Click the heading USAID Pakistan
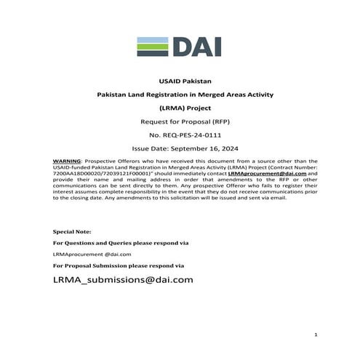pyautogui.click(x=180, y=81)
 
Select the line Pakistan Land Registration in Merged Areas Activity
pyautogui.click(x=180, y=95)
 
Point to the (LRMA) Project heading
pyautogui.click(x=180, y=108)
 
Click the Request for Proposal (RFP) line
pyautogui.click(x=180, y=122)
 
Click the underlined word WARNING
pyautogui.click(x=67, y=160)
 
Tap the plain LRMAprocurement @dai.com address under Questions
pyautogui.click(x=92, y=254)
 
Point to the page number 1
pyautogui.click(x=316, y=335)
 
